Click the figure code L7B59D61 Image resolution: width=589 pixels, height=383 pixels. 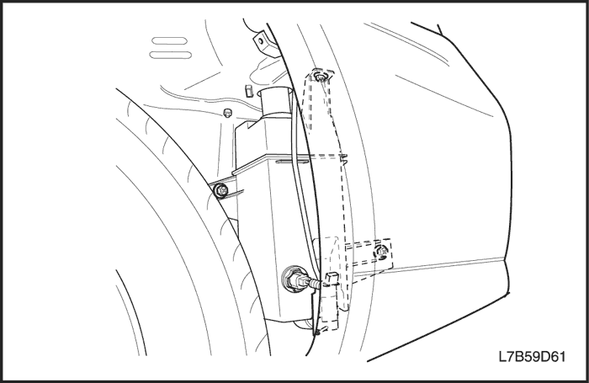coord(532,357)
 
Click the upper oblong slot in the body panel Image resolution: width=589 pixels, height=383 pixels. coord(168,40)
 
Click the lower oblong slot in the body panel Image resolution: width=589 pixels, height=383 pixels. coord(171,55)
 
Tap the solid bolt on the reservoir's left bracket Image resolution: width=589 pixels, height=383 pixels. coord(220,190)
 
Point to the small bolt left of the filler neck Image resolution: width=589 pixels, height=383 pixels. coord(227,113)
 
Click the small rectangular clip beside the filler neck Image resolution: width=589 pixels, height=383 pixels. coord(249,90)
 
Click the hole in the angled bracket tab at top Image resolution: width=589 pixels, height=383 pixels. coord(261,39)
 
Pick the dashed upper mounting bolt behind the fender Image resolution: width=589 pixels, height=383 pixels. coord(320,77)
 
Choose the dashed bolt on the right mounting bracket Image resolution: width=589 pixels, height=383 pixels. coord(381,251)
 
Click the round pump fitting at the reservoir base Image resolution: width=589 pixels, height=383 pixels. coord(294,279)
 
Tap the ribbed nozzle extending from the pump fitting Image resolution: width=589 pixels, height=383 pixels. coord(314,283)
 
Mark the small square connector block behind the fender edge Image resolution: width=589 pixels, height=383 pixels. coord(331,279)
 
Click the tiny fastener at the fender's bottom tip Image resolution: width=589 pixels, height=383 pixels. coord(316,332)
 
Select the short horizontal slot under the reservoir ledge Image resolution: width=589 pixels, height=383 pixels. coord(292,162)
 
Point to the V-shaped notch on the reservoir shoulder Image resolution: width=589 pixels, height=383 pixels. coord(249,126)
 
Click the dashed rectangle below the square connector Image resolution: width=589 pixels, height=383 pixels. coord(330,307)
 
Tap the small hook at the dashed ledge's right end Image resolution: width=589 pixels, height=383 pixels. coord(343,157)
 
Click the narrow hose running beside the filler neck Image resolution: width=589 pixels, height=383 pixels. coord(300,180)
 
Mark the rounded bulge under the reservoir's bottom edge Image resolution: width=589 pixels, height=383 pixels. coord(305,325)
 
